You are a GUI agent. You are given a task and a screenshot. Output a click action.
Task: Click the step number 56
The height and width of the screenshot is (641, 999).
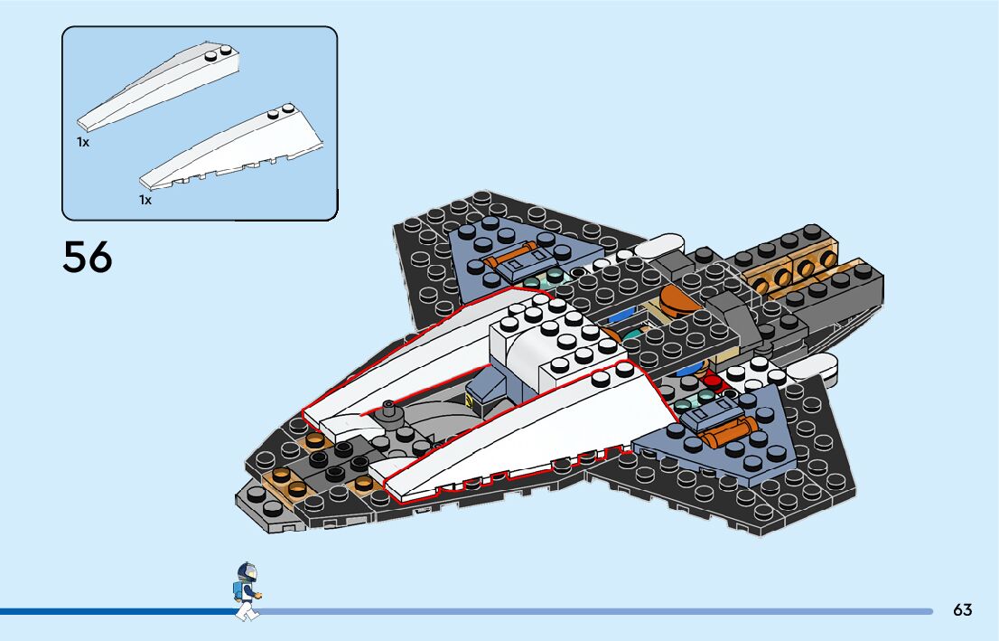click(88, 257)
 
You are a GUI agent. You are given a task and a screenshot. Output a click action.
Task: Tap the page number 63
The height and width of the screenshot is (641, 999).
click(962, 610)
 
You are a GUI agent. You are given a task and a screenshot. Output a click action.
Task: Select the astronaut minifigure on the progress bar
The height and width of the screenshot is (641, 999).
click(246, 591)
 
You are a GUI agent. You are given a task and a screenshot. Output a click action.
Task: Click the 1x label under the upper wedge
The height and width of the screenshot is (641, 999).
click(83, 142)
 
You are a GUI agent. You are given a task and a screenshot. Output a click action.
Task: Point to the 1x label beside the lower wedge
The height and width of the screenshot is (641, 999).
click(145, 200)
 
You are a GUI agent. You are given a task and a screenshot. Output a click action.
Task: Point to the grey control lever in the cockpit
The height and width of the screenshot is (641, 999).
click(390, 410)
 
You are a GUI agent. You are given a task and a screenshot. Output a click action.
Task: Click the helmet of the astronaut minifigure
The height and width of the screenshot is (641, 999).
click(247, 572)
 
